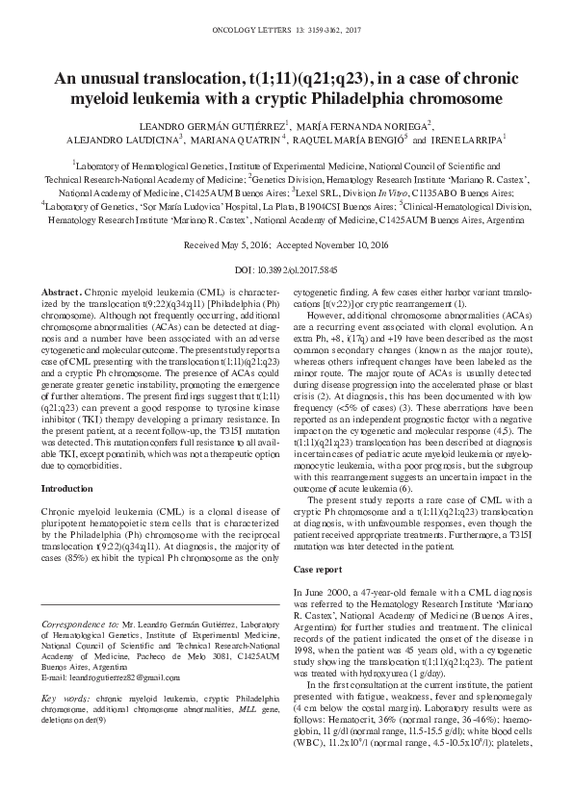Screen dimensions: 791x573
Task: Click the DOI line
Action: (286, 272)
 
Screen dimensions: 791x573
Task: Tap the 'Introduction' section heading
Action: (67, 462)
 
